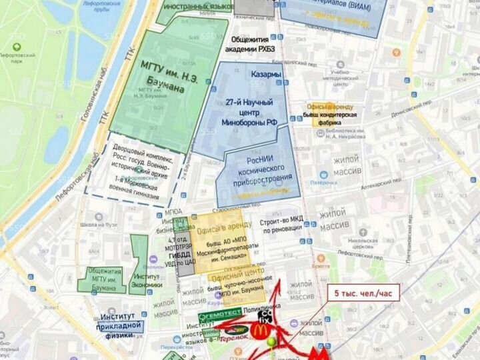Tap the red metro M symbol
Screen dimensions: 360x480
(322, 351)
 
